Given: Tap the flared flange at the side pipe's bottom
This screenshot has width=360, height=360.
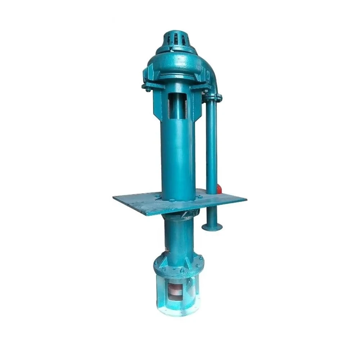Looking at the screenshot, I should (x=212, y=227).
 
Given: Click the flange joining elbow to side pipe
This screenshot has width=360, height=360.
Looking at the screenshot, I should (x=213, y=96).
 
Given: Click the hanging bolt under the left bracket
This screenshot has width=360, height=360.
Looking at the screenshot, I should (x=148, y=89).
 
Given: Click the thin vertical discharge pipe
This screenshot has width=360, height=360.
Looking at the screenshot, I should (x=211, y=151).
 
